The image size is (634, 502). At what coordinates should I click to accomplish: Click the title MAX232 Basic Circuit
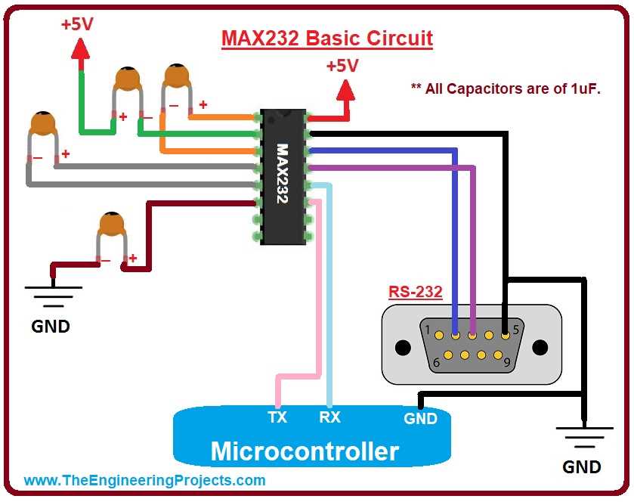(x=326, y=38)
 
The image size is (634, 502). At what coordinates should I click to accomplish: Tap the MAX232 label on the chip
(x=283, y=175)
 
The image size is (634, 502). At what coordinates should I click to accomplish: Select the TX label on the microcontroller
(x=277, y=417)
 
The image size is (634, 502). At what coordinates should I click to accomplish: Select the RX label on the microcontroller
(x=329, y=417)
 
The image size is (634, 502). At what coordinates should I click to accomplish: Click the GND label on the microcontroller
(x=420, y=418)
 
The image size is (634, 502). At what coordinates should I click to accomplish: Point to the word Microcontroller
(x=305, y=451)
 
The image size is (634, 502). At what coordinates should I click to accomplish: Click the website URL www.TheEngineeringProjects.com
(x=144, y=480)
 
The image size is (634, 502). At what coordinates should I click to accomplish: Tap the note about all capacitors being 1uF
(x=505, y=88)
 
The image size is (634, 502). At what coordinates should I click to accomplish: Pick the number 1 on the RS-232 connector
(x=428, y=330)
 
